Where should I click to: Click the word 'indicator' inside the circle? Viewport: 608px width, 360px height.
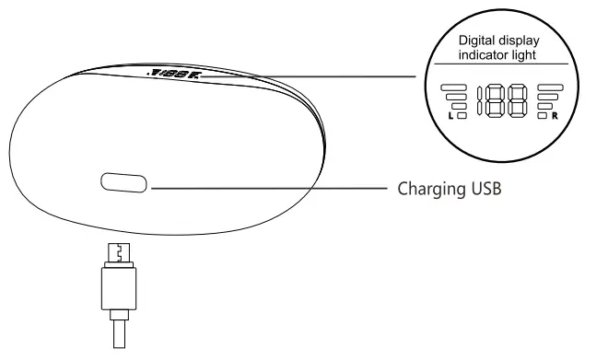click(485, 56)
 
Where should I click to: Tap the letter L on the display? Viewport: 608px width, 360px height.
click(450, 117)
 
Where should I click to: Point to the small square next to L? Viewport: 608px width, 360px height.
click(462, 116)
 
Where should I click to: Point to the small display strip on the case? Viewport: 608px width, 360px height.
click(172, 71)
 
